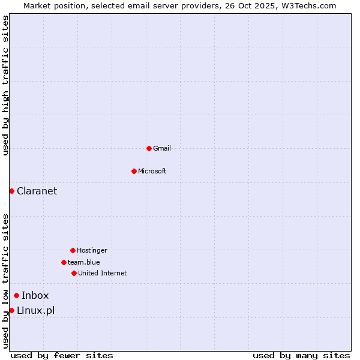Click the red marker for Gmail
pyautogui.click(x=149, y=148)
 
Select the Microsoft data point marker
pyautogui.click(x=134, y=171)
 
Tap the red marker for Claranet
pyautogui.click(x=11, y=191)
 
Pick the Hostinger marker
pyautogui.click(x=73, y=250)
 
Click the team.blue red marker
pyautogui.click(x=64, y=262)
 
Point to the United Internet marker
pyautogui.click(x=74, y=273)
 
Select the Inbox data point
pyautogui.click(x=16, y=295)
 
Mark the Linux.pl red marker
pyautogui.click(x=11, y=310)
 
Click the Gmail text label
pyautogui.click(x=162, y=148)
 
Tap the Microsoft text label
pyautogui.click(x=152, y=171)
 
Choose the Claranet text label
pyautogui.click(x=37, y=191)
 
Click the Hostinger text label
pyautogui.click(x=92, y=250)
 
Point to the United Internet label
pyautogui.click(x=103, y=273)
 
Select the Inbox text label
pyautogui.click(x=35, y=295)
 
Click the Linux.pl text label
pyautogui.click(x=36, y=310)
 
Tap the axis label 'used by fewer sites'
pyautogui.click(x=62, y=355)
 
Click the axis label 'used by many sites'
pyautogui.click(x=301, y=355)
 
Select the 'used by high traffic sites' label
pyautogui.click(x=5, y=85)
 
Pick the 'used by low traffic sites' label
pyautogui.click(x=5, y=281)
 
